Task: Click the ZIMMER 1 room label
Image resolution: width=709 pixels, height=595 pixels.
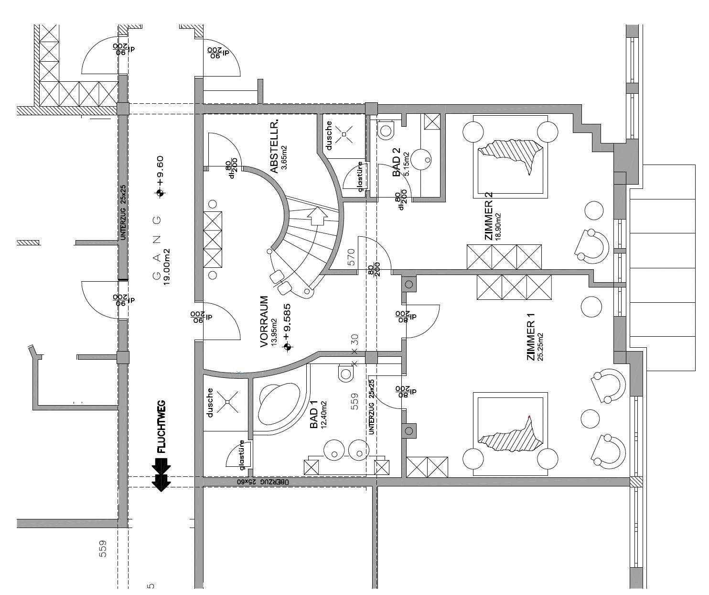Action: tap(530, 341)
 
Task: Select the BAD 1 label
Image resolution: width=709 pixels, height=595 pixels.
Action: tap(314, 415)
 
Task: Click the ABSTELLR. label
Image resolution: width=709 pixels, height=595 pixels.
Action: tap(274, 149)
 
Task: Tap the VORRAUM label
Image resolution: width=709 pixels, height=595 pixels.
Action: tap(264, 321)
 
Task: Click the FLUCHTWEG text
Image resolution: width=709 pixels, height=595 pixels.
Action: tap(161, 427)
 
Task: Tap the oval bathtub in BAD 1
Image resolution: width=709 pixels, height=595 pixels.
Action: tap(279, 402)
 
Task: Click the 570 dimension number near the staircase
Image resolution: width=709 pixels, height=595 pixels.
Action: tap(352, 258)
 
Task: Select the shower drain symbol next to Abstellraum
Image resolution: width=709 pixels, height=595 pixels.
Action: tap(344, 134)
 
